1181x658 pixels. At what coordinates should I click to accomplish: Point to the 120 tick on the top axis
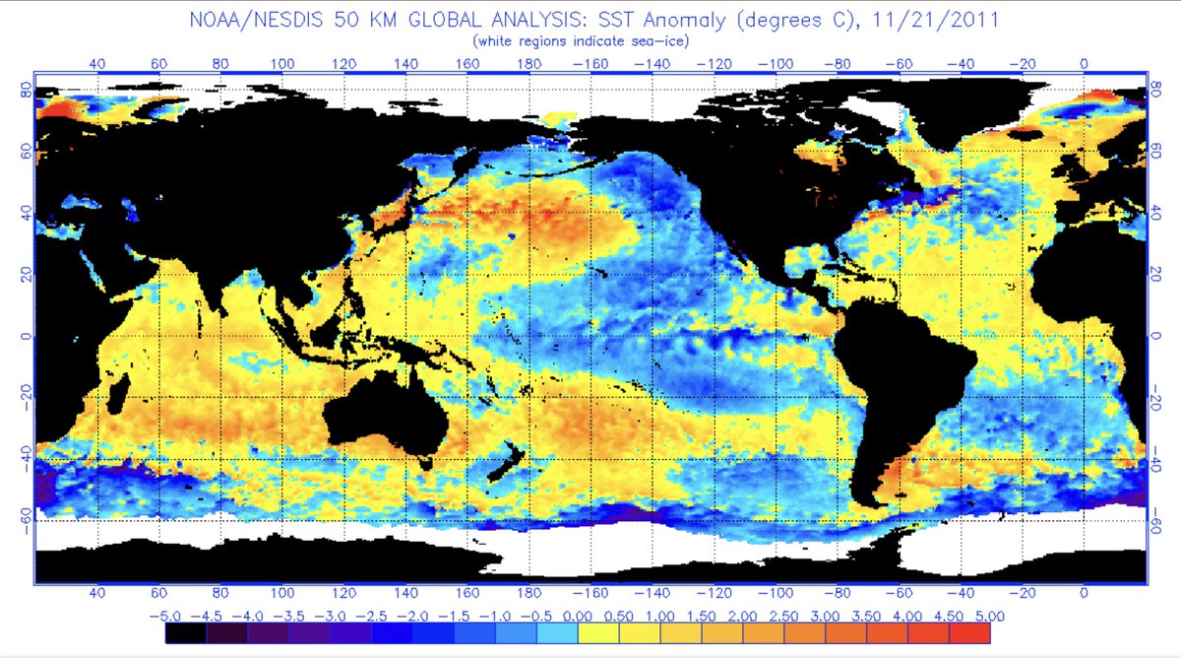[x=343, y=63]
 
